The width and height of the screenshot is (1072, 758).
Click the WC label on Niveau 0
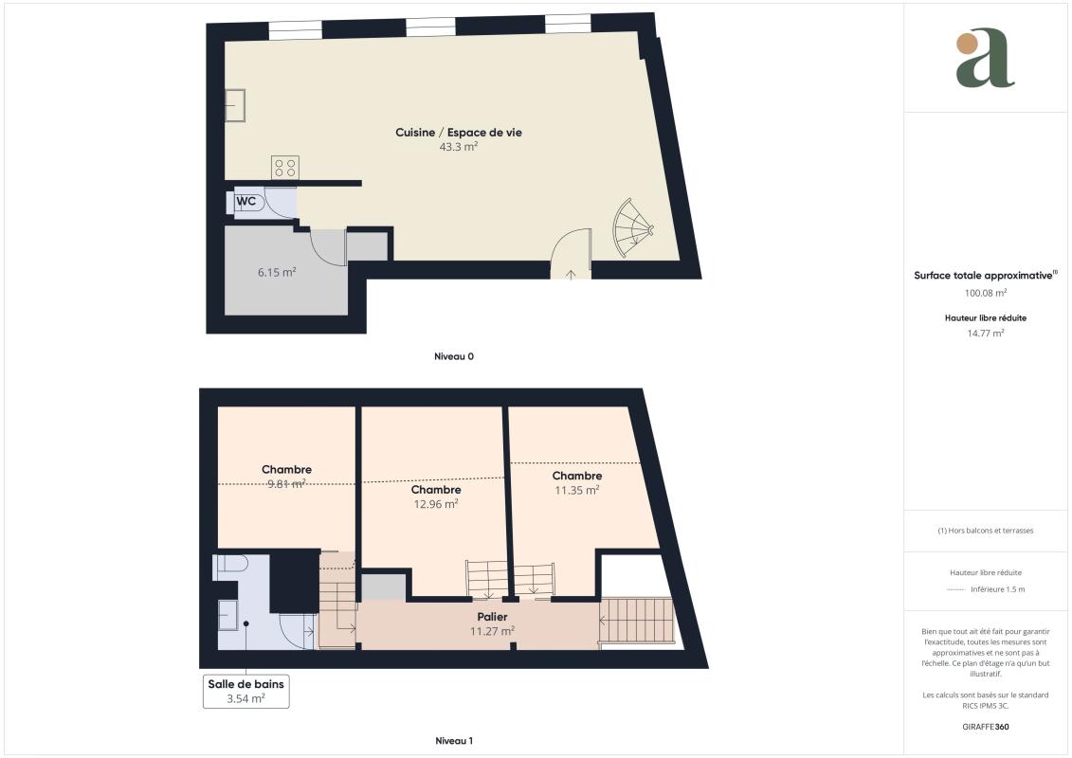pos(246,201)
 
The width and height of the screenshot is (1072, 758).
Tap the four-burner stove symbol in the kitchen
pos(285,168)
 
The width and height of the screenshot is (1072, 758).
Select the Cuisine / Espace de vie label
pos(458,132)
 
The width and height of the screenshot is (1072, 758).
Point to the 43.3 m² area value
pos(458,146)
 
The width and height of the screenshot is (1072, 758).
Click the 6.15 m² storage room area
pos(277,272)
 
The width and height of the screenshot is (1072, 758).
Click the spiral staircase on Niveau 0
pos(633,227)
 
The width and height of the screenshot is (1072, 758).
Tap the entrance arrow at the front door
pos(571,274)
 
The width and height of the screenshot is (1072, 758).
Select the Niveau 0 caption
pos(454,356)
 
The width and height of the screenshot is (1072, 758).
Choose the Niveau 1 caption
pos(454,740)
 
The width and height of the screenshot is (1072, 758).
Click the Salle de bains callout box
pos(246,691)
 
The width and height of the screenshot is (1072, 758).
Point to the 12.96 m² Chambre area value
pos(435,504)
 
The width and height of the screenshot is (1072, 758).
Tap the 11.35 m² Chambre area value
pos(577,490)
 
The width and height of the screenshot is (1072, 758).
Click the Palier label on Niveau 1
pos(492,617)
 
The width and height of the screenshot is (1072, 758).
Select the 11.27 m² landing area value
pos(492,631)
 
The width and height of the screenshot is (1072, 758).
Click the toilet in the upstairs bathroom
pos(230,566)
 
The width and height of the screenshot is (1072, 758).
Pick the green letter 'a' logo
pos(985,58)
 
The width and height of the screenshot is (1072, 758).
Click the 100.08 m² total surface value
pos(986,293)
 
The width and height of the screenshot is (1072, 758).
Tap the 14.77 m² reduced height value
pos(986,334)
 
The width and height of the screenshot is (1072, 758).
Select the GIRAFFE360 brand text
pos(985,727)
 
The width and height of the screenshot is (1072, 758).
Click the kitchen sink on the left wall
pos(235,106)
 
